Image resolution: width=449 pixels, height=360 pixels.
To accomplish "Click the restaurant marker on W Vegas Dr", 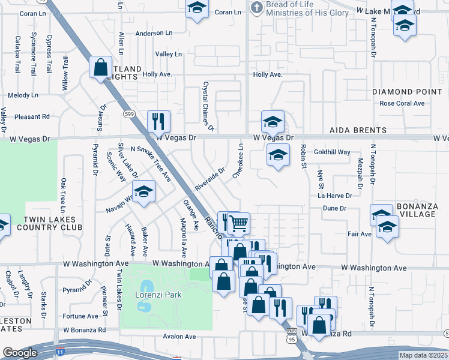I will point(158,121).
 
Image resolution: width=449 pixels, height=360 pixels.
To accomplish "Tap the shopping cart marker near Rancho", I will point(239,223).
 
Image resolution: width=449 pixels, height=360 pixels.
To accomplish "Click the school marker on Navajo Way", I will point(143,193).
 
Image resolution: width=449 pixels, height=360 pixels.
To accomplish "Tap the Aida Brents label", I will point(358,130).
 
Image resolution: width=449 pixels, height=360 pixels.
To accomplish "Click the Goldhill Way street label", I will point(332,152).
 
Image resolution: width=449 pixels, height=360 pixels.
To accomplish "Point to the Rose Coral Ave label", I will point(402,103).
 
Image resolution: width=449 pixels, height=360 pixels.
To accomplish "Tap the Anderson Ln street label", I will point(154,34).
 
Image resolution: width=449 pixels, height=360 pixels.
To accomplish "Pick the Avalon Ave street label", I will point(179,337).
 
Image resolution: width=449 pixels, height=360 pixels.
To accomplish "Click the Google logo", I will point(20,353).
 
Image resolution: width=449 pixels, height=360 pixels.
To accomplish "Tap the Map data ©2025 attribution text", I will point(423,355).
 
